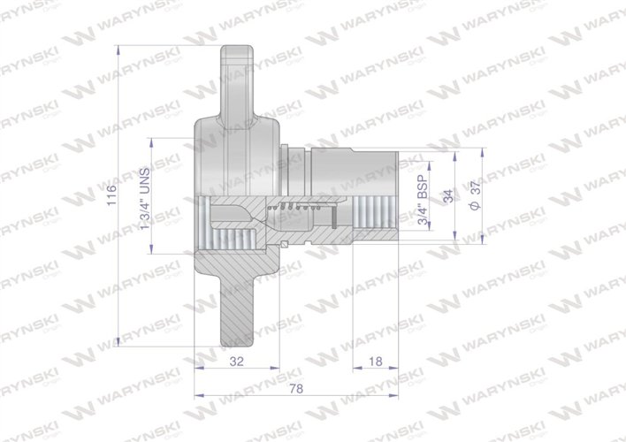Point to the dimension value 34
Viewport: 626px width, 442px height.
click(x=448, y=196)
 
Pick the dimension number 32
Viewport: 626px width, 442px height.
click(x=237, y=362)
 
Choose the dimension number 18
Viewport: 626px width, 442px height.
click(x=375, y=362)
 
